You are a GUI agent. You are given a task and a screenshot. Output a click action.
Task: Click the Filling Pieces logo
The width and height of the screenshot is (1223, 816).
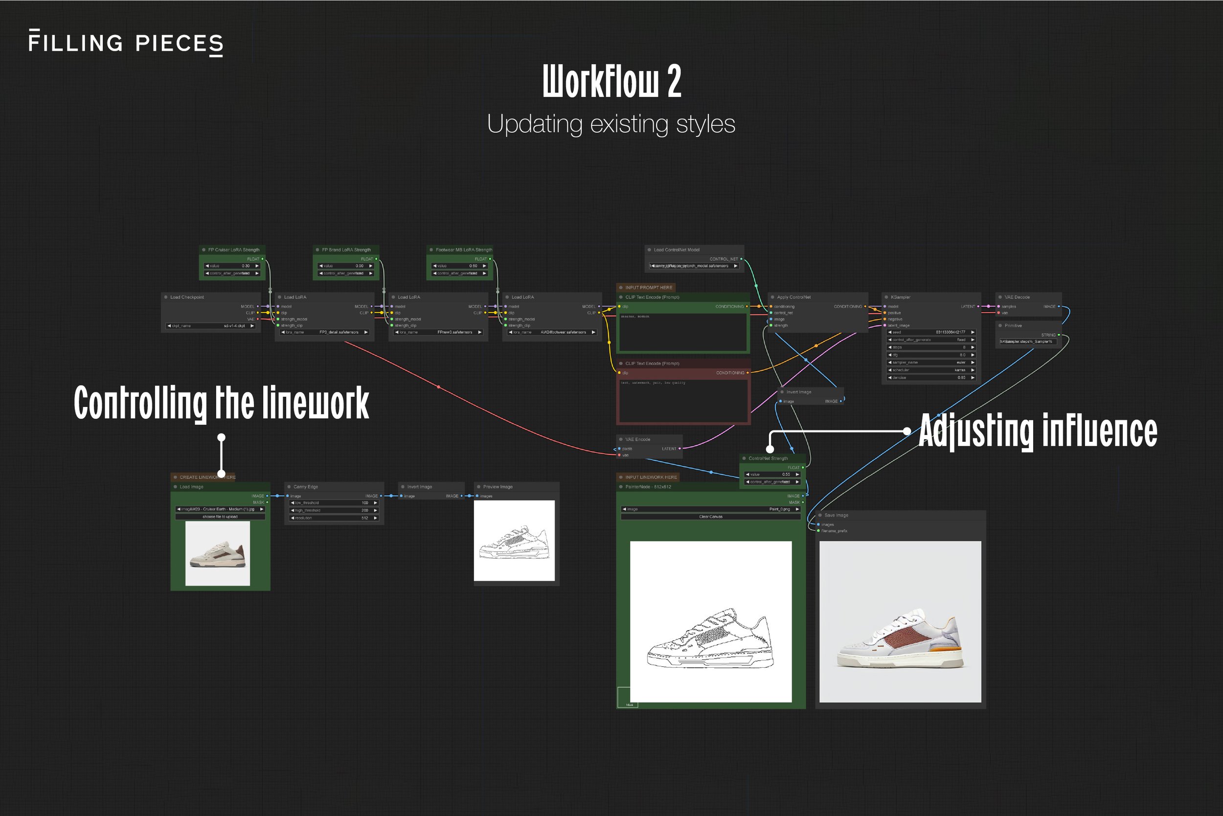[126, 43]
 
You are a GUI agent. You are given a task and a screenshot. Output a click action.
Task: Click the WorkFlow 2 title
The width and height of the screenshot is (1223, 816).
[611, 81]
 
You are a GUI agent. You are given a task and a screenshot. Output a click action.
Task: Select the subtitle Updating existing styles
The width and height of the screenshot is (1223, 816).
[611, 124]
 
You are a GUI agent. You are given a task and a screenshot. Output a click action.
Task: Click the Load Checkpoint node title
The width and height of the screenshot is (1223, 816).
[187, 297]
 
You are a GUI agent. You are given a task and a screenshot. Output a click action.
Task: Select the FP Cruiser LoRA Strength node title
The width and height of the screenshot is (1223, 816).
[234, 250]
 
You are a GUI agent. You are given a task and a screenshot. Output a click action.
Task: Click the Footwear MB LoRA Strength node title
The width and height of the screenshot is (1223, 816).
[464, 250]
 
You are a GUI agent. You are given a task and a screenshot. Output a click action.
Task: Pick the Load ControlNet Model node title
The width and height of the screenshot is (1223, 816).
[677, 250]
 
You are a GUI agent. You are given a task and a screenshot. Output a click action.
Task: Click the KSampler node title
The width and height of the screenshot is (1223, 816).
[900, 297]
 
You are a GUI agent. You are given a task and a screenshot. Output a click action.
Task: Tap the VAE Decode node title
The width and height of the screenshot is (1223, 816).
[1017, 297]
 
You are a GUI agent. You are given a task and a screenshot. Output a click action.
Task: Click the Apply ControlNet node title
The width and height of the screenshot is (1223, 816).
[793, 297]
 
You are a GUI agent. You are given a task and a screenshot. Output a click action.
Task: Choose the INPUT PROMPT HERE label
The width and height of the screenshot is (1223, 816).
[649, 287]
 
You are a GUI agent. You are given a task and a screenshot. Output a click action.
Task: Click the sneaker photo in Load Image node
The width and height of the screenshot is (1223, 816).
[218, 553]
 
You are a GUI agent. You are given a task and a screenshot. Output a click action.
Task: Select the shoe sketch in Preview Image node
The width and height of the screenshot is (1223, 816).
[514, 541]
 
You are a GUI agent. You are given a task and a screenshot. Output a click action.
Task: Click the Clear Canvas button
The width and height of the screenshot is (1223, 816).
[710, 517]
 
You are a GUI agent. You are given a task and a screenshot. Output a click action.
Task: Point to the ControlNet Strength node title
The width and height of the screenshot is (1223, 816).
[768, 458]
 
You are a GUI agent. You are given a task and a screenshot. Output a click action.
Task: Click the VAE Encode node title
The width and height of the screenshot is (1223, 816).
[637, 439]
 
